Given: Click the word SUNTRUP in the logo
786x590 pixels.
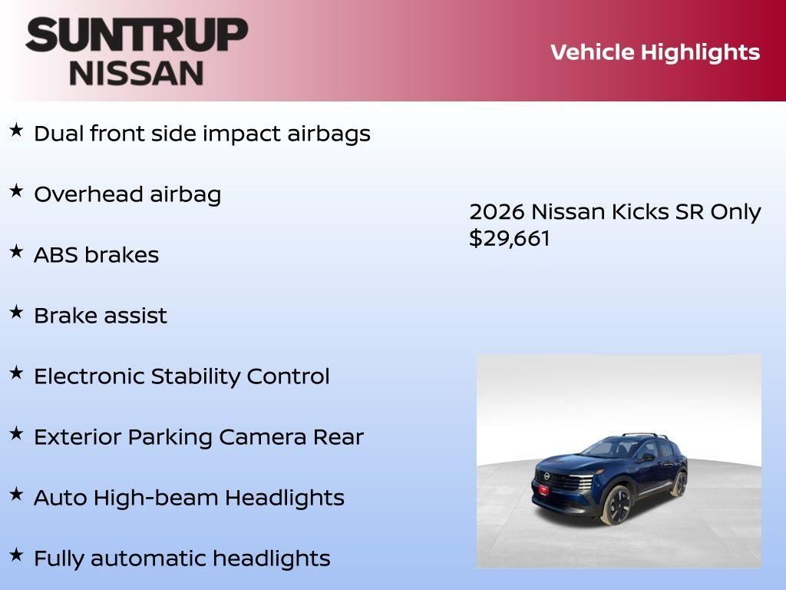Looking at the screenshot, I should [137, 35].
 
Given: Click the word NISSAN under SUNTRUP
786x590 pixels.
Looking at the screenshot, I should [137, 73].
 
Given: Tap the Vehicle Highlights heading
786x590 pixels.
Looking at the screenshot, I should [655, 52].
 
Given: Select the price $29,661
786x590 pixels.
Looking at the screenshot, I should [510, 238].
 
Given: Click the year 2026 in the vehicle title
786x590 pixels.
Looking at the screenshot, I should [497, 212].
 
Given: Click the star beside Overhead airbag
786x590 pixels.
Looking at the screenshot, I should [16, 191].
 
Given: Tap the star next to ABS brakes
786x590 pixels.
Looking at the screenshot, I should [16, 251].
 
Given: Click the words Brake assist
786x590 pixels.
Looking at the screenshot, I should [101, 316].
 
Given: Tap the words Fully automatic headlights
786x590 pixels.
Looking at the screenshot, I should [182, 559].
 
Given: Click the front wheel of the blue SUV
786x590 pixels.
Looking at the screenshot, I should [616, 505].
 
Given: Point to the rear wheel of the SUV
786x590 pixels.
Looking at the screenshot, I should [679, 483].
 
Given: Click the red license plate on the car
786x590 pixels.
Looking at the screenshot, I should [543, 489].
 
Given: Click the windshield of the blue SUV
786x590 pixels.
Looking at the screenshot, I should [606, 448].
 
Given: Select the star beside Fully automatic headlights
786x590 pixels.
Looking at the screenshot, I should [16, 555].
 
